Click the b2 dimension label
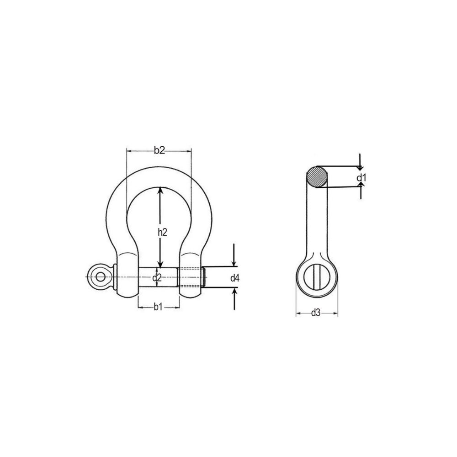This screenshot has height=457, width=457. click(x=159, y=150)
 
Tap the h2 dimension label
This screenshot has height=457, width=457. click(x=163, y=232)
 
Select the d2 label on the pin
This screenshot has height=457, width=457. click(x=157, y=277)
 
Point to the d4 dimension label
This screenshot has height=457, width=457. click(x=235, y=278)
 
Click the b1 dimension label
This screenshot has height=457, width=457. click(x=158, y=307)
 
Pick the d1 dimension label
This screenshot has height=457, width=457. click(x=361, y=177)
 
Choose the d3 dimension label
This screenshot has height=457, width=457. click(x=316, y=313)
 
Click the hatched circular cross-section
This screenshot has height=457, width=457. click(x=317, y=176)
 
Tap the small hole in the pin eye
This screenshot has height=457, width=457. click(x=100, y=276)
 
